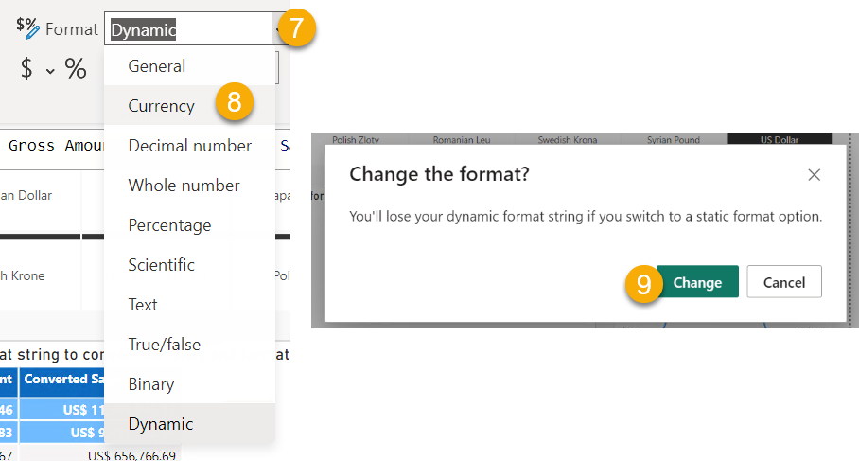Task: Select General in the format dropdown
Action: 157,66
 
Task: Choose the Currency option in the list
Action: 161,106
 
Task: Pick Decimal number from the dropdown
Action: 189,146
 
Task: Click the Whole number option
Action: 184,186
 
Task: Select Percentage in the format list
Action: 169,225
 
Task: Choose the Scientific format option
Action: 161,265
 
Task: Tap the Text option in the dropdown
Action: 143,305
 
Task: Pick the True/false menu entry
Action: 164,345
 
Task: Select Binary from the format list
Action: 150,384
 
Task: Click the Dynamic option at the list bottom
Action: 160,424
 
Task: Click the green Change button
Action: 697,282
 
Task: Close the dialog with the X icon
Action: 814,175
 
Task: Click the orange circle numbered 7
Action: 296,27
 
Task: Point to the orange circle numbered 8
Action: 234,103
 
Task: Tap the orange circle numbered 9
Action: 643,282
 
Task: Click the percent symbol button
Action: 76,69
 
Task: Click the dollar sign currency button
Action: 26,69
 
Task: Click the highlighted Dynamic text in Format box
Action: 144,29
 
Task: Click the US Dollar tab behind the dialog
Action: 779,139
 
